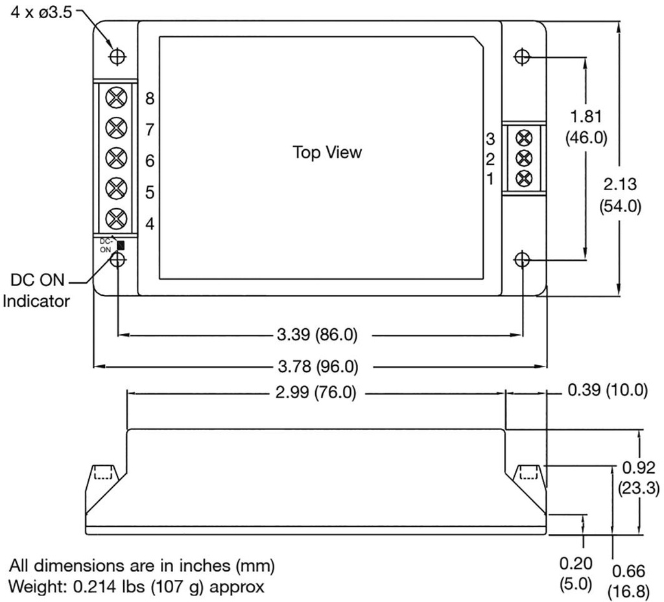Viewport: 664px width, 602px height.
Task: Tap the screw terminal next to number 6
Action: [x=115, y=158]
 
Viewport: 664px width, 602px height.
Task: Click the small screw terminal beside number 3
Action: [x=525, y=137]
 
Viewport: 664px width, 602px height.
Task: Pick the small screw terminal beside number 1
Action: [x=525, y=178]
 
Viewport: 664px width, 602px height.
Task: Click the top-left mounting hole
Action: [x=117, y=56]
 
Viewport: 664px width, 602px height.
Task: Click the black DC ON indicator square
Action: [x=121, y=245]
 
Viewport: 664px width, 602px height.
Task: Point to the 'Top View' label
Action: [x=327, y=153]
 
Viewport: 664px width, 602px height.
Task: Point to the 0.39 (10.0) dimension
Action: [x=608, y=390]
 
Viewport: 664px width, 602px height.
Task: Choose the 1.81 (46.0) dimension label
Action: [x=586, y=127]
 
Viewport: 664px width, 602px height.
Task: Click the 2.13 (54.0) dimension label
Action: [x=619, y=195]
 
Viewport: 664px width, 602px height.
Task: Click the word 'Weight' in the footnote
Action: [x=30, y=587]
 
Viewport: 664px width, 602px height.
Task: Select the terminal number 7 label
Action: [x=150, y=130]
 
